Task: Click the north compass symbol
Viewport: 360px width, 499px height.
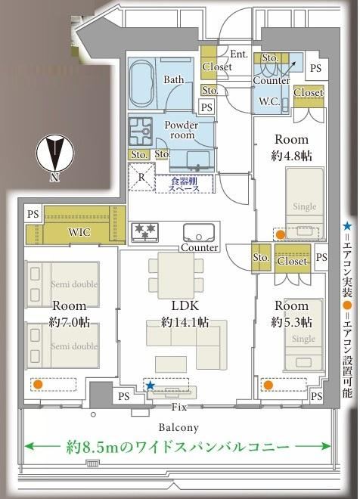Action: tap(54, 153)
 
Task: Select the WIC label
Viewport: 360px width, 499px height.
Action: tap(79, 232)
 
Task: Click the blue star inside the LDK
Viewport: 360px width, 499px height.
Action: tap(151, 386)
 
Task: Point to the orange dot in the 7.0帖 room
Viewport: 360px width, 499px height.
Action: tap(38, 384)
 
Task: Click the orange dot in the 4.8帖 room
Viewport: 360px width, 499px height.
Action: tap(280, 235)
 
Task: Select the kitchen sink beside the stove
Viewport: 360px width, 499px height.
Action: tap(199, 234)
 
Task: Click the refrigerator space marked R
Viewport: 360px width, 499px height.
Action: tap(141, 177)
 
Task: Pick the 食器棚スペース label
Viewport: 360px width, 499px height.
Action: tap(185, 184)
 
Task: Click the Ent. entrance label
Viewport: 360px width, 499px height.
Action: tap(239, 54)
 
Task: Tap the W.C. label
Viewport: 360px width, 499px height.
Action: tap(269, 101)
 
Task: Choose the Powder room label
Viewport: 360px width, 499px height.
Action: tap(182, 129)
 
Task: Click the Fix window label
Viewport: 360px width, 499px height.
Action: tap(179, 407)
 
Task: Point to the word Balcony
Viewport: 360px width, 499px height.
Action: tap(178, 427)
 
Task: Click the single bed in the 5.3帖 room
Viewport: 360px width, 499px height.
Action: tap(304, 334)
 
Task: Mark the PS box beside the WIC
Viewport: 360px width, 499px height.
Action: tap(33, 214)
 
